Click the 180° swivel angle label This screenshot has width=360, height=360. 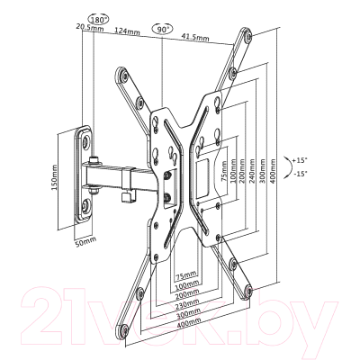pyautogui.click(x=99, y=20)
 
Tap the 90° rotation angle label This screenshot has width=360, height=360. pyautogui.click(x=162, y=29)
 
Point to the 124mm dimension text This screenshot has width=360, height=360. pyautogui.click(x=127, y=31)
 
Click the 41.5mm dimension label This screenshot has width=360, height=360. pyautogui.click(x=195, y=37)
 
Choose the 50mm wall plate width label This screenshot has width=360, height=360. pyautogui.click(x=85, y=242)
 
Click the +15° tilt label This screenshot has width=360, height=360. pyautogui.click(x=300, y=160)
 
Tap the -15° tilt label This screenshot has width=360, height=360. pyautogui.click(x=301, y=174)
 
